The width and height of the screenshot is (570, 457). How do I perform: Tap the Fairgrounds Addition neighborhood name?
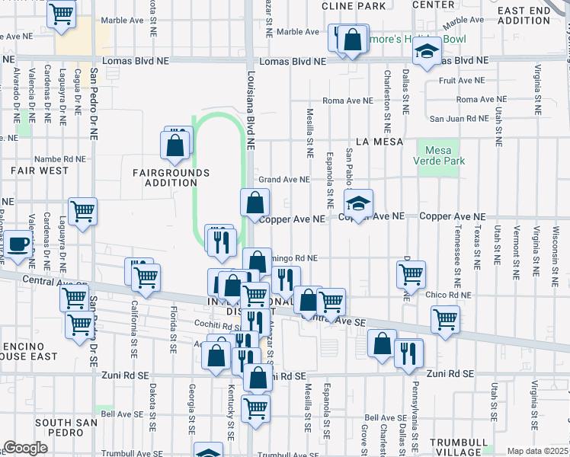point(171,178)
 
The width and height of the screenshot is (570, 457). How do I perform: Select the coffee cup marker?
point(18,246)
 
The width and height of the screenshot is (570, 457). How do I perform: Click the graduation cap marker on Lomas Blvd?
point(427,52)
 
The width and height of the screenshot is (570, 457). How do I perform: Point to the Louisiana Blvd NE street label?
point(250,107)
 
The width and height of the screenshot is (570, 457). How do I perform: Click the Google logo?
point(25,448)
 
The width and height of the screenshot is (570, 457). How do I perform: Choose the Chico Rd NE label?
point(450,295)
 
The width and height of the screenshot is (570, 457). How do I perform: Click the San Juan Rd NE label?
point(458,118)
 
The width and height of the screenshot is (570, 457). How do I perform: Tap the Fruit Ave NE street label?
point(458,79)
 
